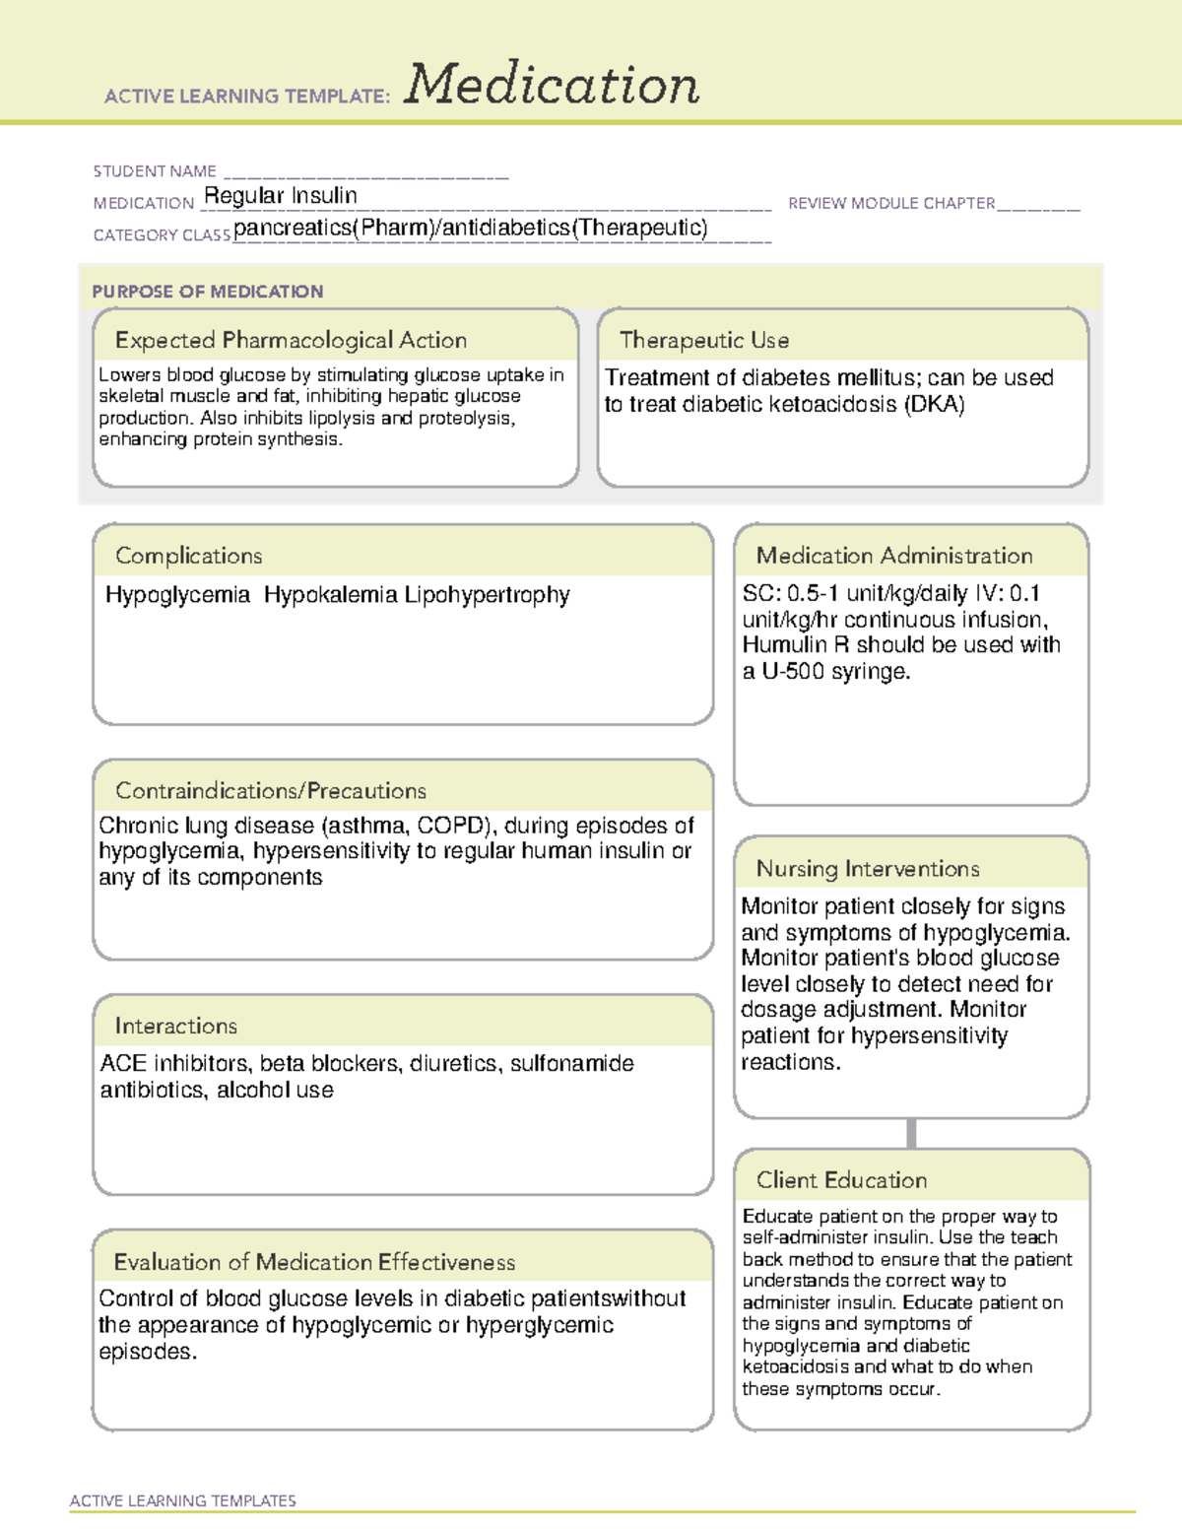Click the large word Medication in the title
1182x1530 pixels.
point(552,85)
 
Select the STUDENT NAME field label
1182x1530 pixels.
point(155,171)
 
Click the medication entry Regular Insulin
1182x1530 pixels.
point(281,196)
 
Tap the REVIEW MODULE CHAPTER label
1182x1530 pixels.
point(891,203)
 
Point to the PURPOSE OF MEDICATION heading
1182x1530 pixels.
point(208,292)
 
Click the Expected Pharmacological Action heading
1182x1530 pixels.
point(291,340)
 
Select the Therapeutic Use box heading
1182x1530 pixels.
point(704,340)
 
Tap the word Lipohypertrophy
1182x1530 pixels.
point(488,595)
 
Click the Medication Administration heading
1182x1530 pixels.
point(894,556)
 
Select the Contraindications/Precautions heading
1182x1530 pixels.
point(271,791)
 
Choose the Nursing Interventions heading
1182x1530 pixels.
point(868,869)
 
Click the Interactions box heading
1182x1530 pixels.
point(175,1027)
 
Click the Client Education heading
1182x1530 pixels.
point(841,1180)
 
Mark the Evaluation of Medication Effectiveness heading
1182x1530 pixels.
point(314,1262)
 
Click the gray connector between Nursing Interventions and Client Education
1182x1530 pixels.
point(911,1133)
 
